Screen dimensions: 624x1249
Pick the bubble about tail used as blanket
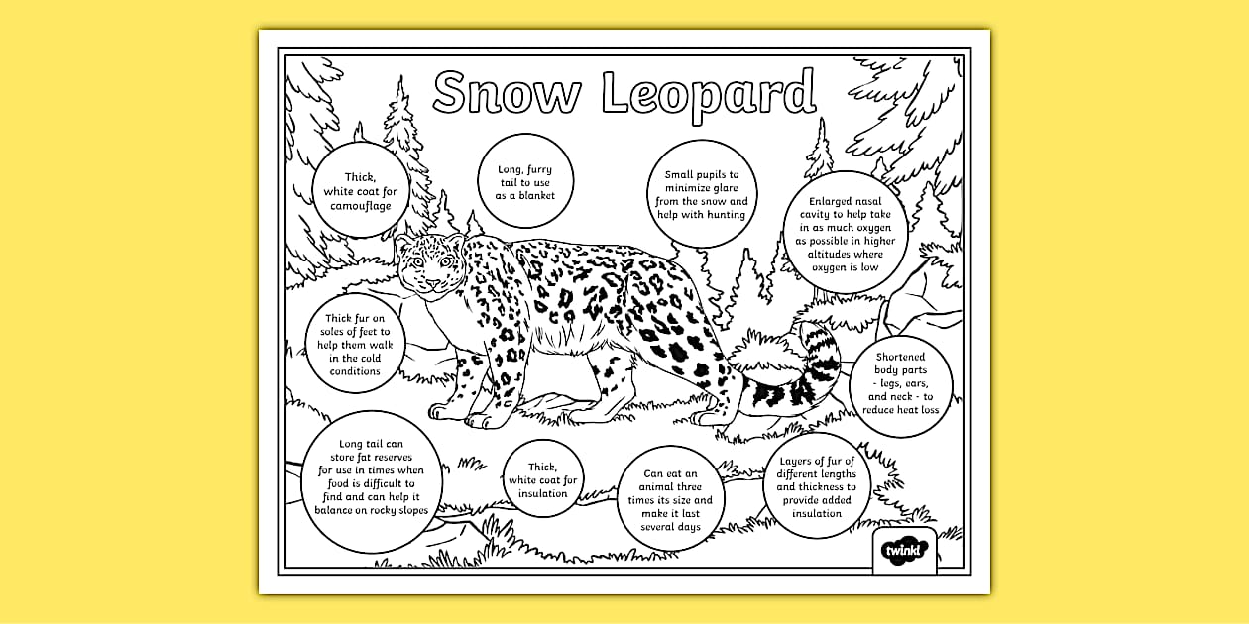[x=525, y=182]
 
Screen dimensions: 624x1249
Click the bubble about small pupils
[x=701, y=194]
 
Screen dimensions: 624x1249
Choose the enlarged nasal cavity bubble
[x=846, y=235]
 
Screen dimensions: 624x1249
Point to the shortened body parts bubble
[x=900, y=383]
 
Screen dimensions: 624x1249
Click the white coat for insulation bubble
[x=542, y=480]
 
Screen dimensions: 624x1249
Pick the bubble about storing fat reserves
[x=371, y=477]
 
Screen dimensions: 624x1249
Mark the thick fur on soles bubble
[x=353, y=345]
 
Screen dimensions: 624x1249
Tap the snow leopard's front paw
[x=477, y=419]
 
